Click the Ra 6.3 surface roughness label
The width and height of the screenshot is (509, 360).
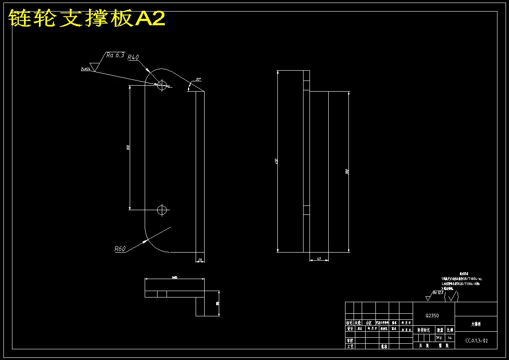click(115, 55)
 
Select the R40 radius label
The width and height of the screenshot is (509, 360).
click(133, 58)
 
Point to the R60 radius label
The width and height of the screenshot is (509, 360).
click(120, 249)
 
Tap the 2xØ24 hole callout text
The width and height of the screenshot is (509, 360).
click(86, 69)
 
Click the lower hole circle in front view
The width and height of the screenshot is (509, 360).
click(162, 210)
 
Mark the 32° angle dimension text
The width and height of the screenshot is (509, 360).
click(198, 80)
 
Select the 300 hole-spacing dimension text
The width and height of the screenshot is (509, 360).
click(128, 148)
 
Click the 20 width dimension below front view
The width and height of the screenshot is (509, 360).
click(200, 260)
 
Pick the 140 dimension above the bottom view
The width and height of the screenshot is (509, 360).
click(174, 278)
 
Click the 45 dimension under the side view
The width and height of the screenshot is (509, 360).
click(319, 259)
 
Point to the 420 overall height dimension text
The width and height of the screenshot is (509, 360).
click(276, 161)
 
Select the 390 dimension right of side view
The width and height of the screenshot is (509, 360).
click(347, 172)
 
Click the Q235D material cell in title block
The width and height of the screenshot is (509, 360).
click(433, 315)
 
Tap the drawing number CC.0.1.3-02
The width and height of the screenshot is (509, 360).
click(476, 341)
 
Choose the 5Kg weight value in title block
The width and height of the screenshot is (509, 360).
click(439, 337)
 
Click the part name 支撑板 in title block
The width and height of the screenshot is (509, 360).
click(476, 324)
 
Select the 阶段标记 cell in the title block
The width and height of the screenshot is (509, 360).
click(424, 330)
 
